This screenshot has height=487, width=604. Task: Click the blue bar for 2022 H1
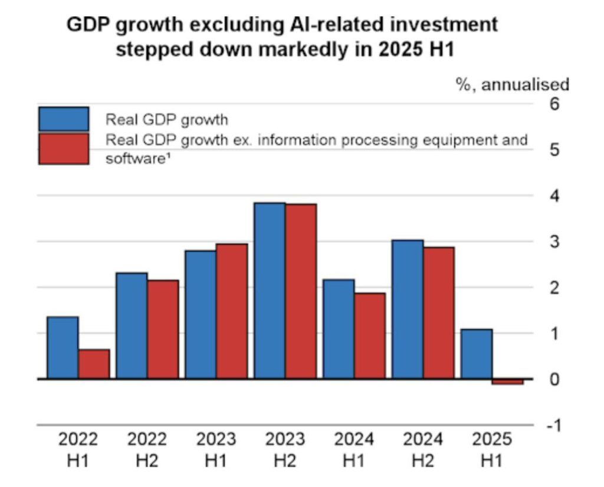(x=63, y=347)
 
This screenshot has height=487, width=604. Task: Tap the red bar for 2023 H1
(x=232, y=311)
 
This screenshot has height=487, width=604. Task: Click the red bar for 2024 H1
(x=370, y=335)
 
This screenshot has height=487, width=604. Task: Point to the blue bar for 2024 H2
(x=408, y=309)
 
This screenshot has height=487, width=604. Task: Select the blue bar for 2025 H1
(x=477, y=354)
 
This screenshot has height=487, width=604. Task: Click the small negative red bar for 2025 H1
(x=508, y=382)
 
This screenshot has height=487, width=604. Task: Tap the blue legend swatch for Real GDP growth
(x=64, y=119)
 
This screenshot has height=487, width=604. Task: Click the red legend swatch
(x=64, y=149)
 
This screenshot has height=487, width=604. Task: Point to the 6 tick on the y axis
(x=554, y=104)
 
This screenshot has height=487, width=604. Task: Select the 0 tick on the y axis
(x=554, y=380)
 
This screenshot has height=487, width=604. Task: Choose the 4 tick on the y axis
(x=554, y=196)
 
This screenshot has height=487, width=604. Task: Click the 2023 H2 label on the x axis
(x=285, y=449)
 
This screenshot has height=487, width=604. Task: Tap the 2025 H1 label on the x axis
(x=492, y=449)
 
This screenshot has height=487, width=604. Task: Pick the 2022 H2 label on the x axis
(x=147, y=449)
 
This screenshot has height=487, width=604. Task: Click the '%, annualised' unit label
(x=513, y=85)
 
